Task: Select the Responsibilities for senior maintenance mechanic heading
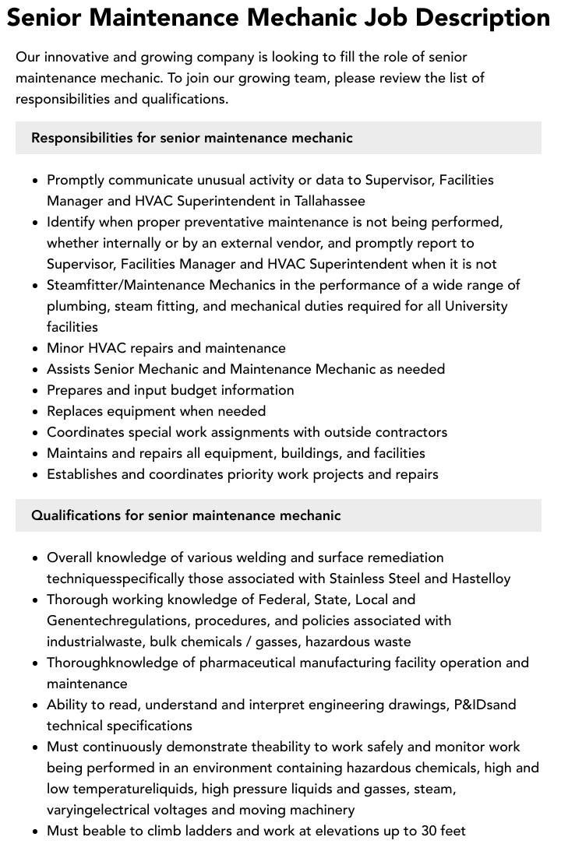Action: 192,138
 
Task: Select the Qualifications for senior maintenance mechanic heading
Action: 185,515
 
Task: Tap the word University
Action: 476,306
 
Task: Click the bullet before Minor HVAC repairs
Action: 36,349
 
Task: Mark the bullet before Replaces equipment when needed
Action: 36,412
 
